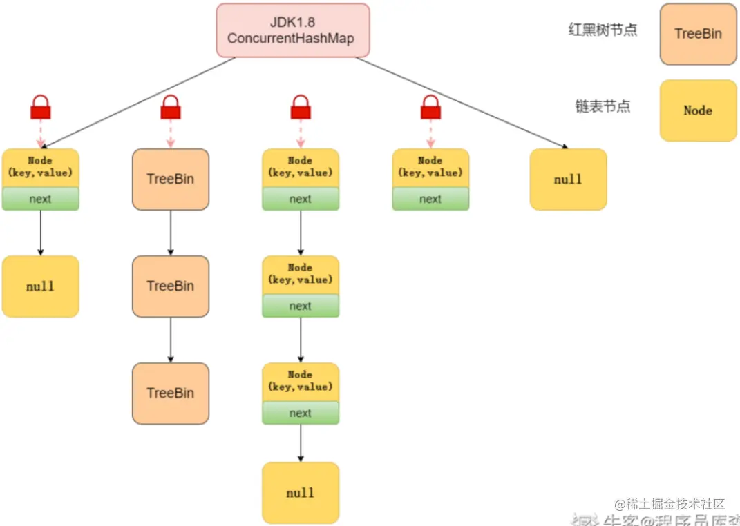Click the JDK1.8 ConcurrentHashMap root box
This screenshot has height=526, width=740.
293,30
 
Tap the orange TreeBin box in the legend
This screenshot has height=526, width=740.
698,34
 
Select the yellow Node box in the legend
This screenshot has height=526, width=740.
698,110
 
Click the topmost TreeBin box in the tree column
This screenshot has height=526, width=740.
170,179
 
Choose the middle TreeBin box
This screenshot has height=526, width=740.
170,286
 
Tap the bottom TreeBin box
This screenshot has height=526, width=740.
170,393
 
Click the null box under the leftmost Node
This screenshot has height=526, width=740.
41,286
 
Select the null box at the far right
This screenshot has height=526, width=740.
568,179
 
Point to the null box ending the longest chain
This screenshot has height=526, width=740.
301,493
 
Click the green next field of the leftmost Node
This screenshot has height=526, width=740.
41,199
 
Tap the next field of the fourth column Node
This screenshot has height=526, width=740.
430,199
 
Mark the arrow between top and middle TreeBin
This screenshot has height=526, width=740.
170,233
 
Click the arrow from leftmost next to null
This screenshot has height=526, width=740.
41,233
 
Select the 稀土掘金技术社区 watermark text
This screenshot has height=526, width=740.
670,504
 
